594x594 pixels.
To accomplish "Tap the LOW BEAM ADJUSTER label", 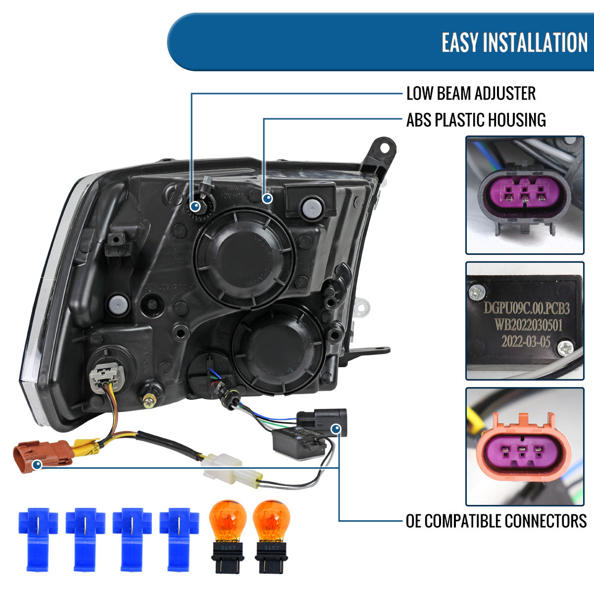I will [471, 93].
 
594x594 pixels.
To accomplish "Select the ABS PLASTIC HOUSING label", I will [476, 120].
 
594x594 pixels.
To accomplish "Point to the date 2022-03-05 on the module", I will [525, 342].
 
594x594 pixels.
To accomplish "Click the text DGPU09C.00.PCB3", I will [526, 308].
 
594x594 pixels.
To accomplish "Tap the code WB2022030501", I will [526, 325].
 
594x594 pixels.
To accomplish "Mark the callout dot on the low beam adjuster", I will [196, 205].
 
